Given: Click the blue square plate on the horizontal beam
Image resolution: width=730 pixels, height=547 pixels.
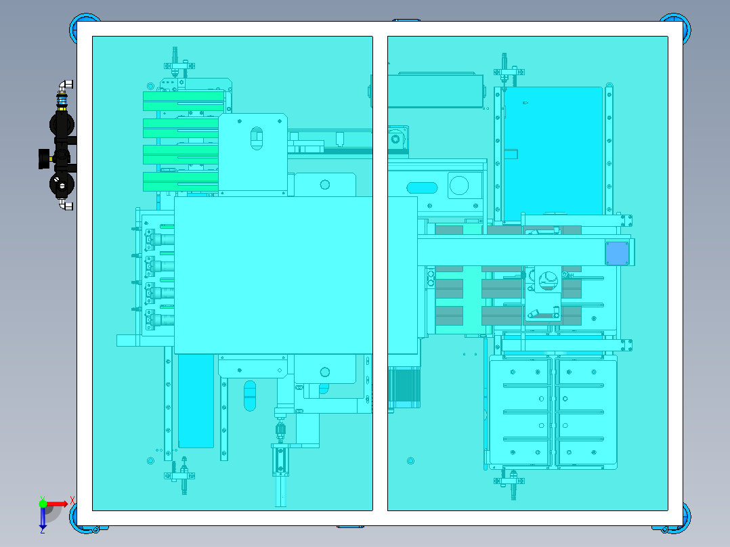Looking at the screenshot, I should click(x=617, y=253).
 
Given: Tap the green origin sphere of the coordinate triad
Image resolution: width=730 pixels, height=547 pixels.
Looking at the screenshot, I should click(x=43, y=504).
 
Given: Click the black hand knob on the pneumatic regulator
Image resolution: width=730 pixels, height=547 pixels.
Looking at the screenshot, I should click(x=44, y=159).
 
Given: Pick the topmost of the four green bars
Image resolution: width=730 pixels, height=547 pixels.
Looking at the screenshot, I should click(x=183, y=100).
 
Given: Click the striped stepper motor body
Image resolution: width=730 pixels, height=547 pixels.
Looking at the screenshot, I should click(x=404, y=387).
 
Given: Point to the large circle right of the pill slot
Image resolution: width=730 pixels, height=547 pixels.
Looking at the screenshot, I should click(x=458, y=185).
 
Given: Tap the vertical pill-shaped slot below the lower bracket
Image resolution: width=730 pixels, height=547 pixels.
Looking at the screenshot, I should click(x=250, y=395).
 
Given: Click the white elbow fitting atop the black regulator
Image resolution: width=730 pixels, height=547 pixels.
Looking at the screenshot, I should click(x=66, y=86).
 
